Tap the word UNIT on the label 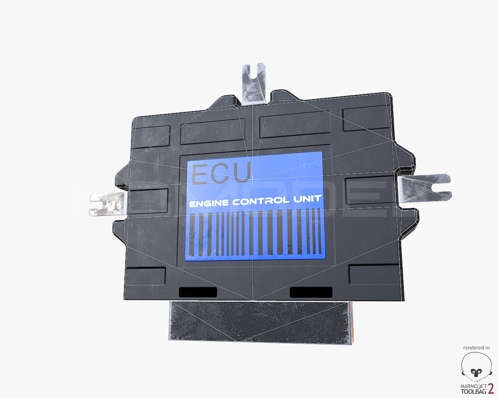[x=307, y=199]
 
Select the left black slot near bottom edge [x=197, y=292]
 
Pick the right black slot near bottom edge [x=311, y=292]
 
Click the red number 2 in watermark [x=491, y=389]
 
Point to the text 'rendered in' [x=476, y=348]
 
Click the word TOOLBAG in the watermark [x=473, y=391]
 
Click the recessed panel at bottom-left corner [x=146, y=276]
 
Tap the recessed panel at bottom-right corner [x=373, y=274]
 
